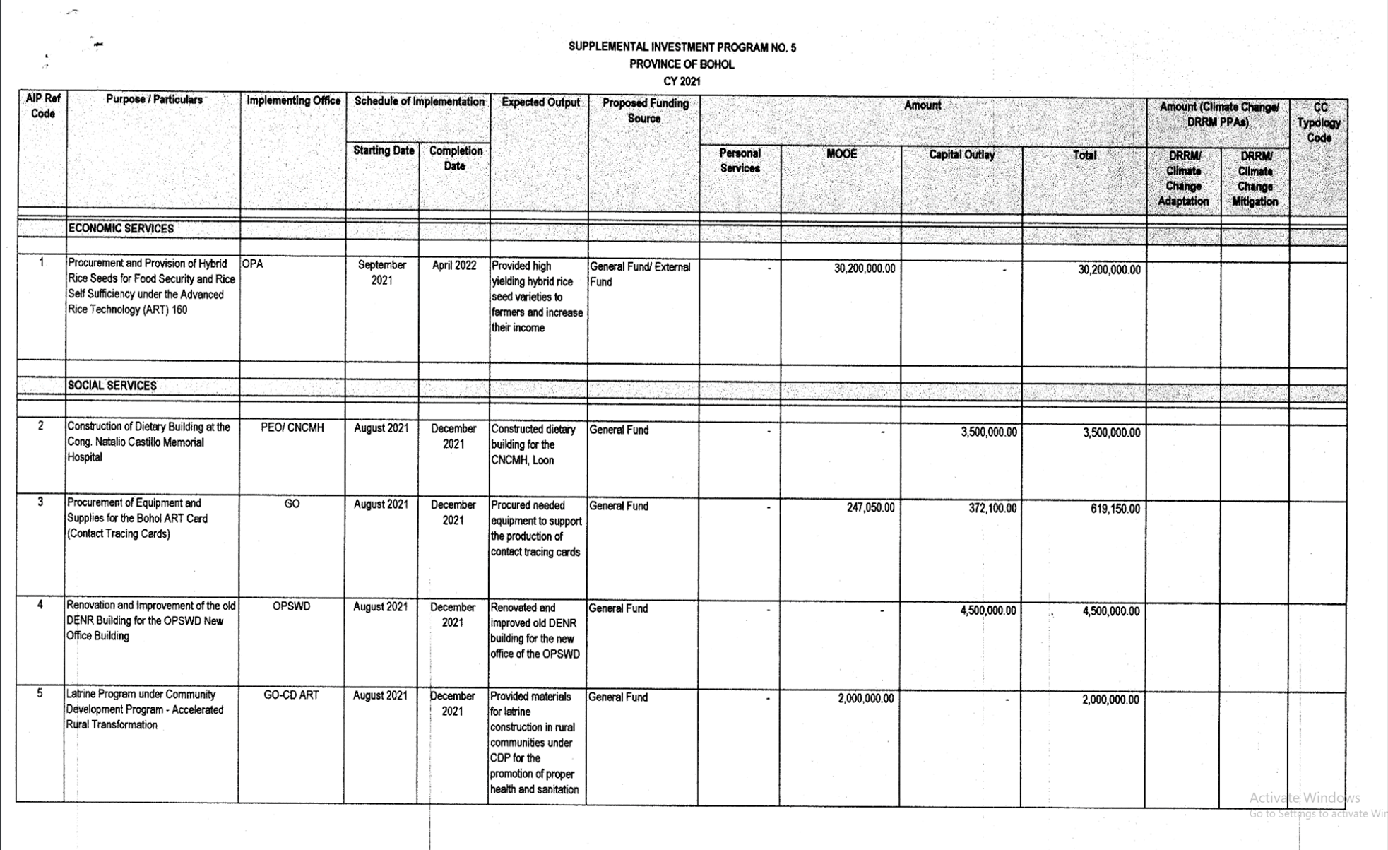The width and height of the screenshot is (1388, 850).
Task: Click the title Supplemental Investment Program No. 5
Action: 682,47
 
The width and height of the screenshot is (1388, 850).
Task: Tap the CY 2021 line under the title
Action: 682,81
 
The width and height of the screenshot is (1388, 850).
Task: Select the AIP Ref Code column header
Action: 42,107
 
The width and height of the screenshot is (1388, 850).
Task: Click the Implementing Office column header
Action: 293,101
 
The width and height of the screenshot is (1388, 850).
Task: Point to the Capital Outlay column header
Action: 961,155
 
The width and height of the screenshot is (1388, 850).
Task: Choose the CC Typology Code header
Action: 1319,123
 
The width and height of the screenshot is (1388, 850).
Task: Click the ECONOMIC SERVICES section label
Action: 121,229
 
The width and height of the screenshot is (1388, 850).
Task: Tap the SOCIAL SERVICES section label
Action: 112,386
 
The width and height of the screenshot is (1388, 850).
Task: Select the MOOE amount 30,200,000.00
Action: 864,269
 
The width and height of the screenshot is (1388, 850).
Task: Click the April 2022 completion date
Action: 454,266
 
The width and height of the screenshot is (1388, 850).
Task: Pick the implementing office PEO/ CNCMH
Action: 292,428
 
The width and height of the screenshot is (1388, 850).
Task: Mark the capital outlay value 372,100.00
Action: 992,509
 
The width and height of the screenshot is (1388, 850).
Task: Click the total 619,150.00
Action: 1115,509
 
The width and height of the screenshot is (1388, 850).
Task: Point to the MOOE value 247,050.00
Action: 870,508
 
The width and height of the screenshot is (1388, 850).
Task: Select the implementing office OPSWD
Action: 291,607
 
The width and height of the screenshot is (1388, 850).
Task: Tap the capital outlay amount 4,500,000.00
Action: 987,610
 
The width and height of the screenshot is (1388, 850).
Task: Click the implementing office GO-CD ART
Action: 291,695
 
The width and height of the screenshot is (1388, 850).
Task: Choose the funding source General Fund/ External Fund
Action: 640,274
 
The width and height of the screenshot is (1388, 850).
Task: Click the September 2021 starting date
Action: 381,273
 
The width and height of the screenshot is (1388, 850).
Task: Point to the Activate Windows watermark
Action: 1304,798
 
